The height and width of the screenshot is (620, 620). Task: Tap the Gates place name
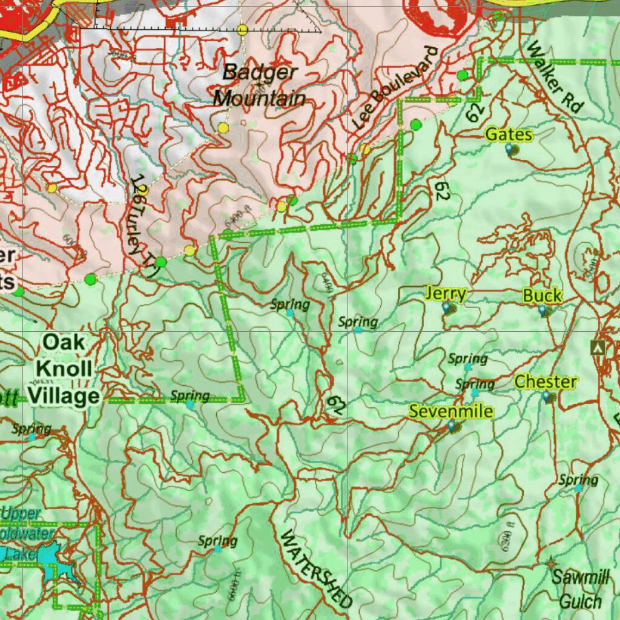click(x=509, y=134)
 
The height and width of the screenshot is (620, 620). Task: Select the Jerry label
click(x=446, y=294)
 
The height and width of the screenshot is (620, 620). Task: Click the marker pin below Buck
click(x=542, y=311)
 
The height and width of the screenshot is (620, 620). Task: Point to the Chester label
click(x=546, y=382)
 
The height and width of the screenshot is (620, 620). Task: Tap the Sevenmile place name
click(x=450, y=412)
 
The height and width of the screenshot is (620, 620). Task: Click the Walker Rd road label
click(x=554, y=77)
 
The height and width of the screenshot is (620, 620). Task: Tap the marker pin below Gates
click(x=509, y=148)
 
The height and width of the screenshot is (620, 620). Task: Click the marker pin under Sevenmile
click(x=452, y=426)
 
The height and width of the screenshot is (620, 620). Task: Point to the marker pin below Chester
click(x=547, y=397)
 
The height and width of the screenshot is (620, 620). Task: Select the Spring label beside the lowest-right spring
click(x=578, y=480)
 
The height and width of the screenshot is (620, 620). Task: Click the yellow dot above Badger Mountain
click(x=243, y=29)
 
